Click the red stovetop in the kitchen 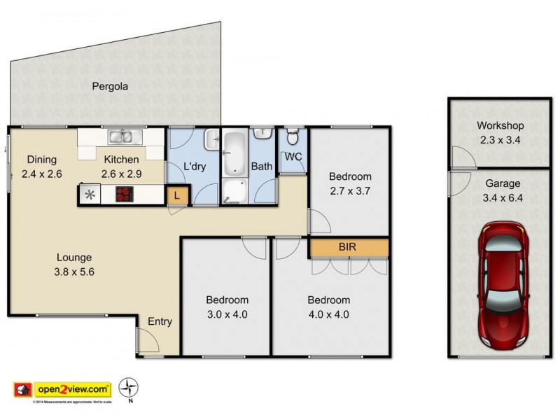coord(124,195)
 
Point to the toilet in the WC coord(293,135)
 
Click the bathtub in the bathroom coord(234,148)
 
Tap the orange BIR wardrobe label coord(348,248)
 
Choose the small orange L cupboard coord(177,195)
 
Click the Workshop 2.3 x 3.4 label coord(500,132)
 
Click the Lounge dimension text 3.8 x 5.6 coord(75,272)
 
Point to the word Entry coord(160,322)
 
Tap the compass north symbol coord(127,386)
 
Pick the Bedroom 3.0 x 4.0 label coord(227,307)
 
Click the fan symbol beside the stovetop coord(89,195)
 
